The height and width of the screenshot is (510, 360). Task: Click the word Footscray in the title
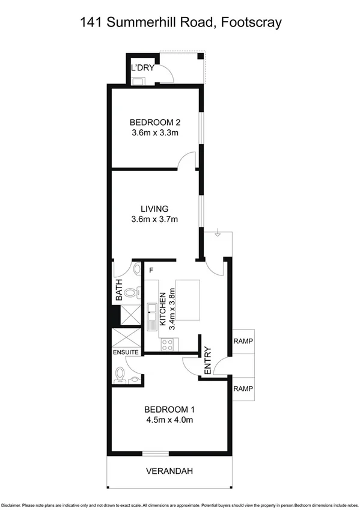(x=251, y=23)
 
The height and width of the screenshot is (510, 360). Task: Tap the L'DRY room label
(x=142, y=68)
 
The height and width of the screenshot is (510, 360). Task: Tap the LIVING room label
(x=154, y=209)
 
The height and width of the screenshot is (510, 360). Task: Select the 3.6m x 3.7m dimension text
(x=155, y=220)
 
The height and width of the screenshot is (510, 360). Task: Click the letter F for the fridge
(x=151, y=271)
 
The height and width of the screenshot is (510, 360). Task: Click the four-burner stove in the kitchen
(x=168, y=345)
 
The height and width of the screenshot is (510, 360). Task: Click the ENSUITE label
(x=126, y=352)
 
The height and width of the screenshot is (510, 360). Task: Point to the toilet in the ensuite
(x=121, y=374)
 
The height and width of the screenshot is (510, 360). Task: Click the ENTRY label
(x=208, y=360)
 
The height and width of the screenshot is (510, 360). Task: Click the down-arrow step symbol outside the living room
(x=217, y=235)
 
